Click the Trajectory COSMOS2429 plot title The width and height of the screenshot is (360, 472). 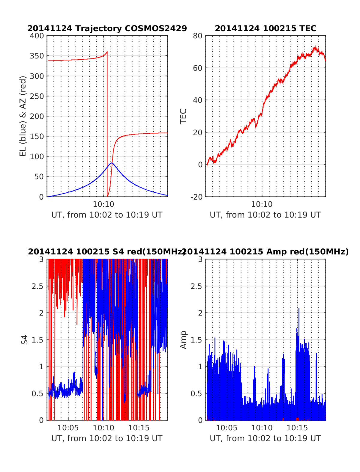pos(107,28)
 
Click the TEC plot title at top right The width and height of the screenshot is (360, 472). pos(265,28)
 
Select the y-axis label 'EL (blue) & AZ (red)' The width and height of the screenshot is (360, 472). pos(23,116)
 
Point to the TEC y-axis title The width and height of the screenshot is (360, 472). pos(183,116)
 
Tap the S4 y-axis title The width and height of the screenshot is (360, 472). pos(25,340)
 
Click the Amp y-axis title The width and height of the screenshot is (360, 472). pos(183,340)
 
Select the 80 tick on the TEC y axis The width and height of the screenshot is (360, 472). pos(198,36)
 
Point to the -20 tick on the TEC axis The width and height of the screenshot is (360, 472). pos(197,197)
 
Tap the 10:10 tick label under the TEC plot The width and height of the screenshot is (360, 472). pos(262,204)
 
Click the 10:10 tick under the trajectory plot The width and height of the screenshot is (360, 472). pos(103,204)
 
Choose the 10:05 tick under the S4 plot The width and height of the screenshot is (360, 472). pos(68,428)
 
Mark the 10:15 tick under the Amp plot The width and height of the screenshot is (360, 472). pos(297,428)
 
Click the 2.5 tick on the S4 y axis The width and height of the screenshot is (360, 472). pos(37,286)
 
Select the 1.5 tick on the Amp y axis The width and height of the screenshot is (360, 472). pos(196,340)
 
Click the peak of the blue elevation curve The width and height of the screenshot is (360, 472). pos(112,163)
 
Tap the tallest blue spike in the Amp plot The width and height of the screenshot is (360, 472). pos(299,308)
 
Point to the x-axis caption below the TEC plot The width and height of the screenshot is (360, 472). pos(265,215)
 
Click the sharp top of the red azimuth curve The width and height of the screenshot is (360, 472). pos(107,52)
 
